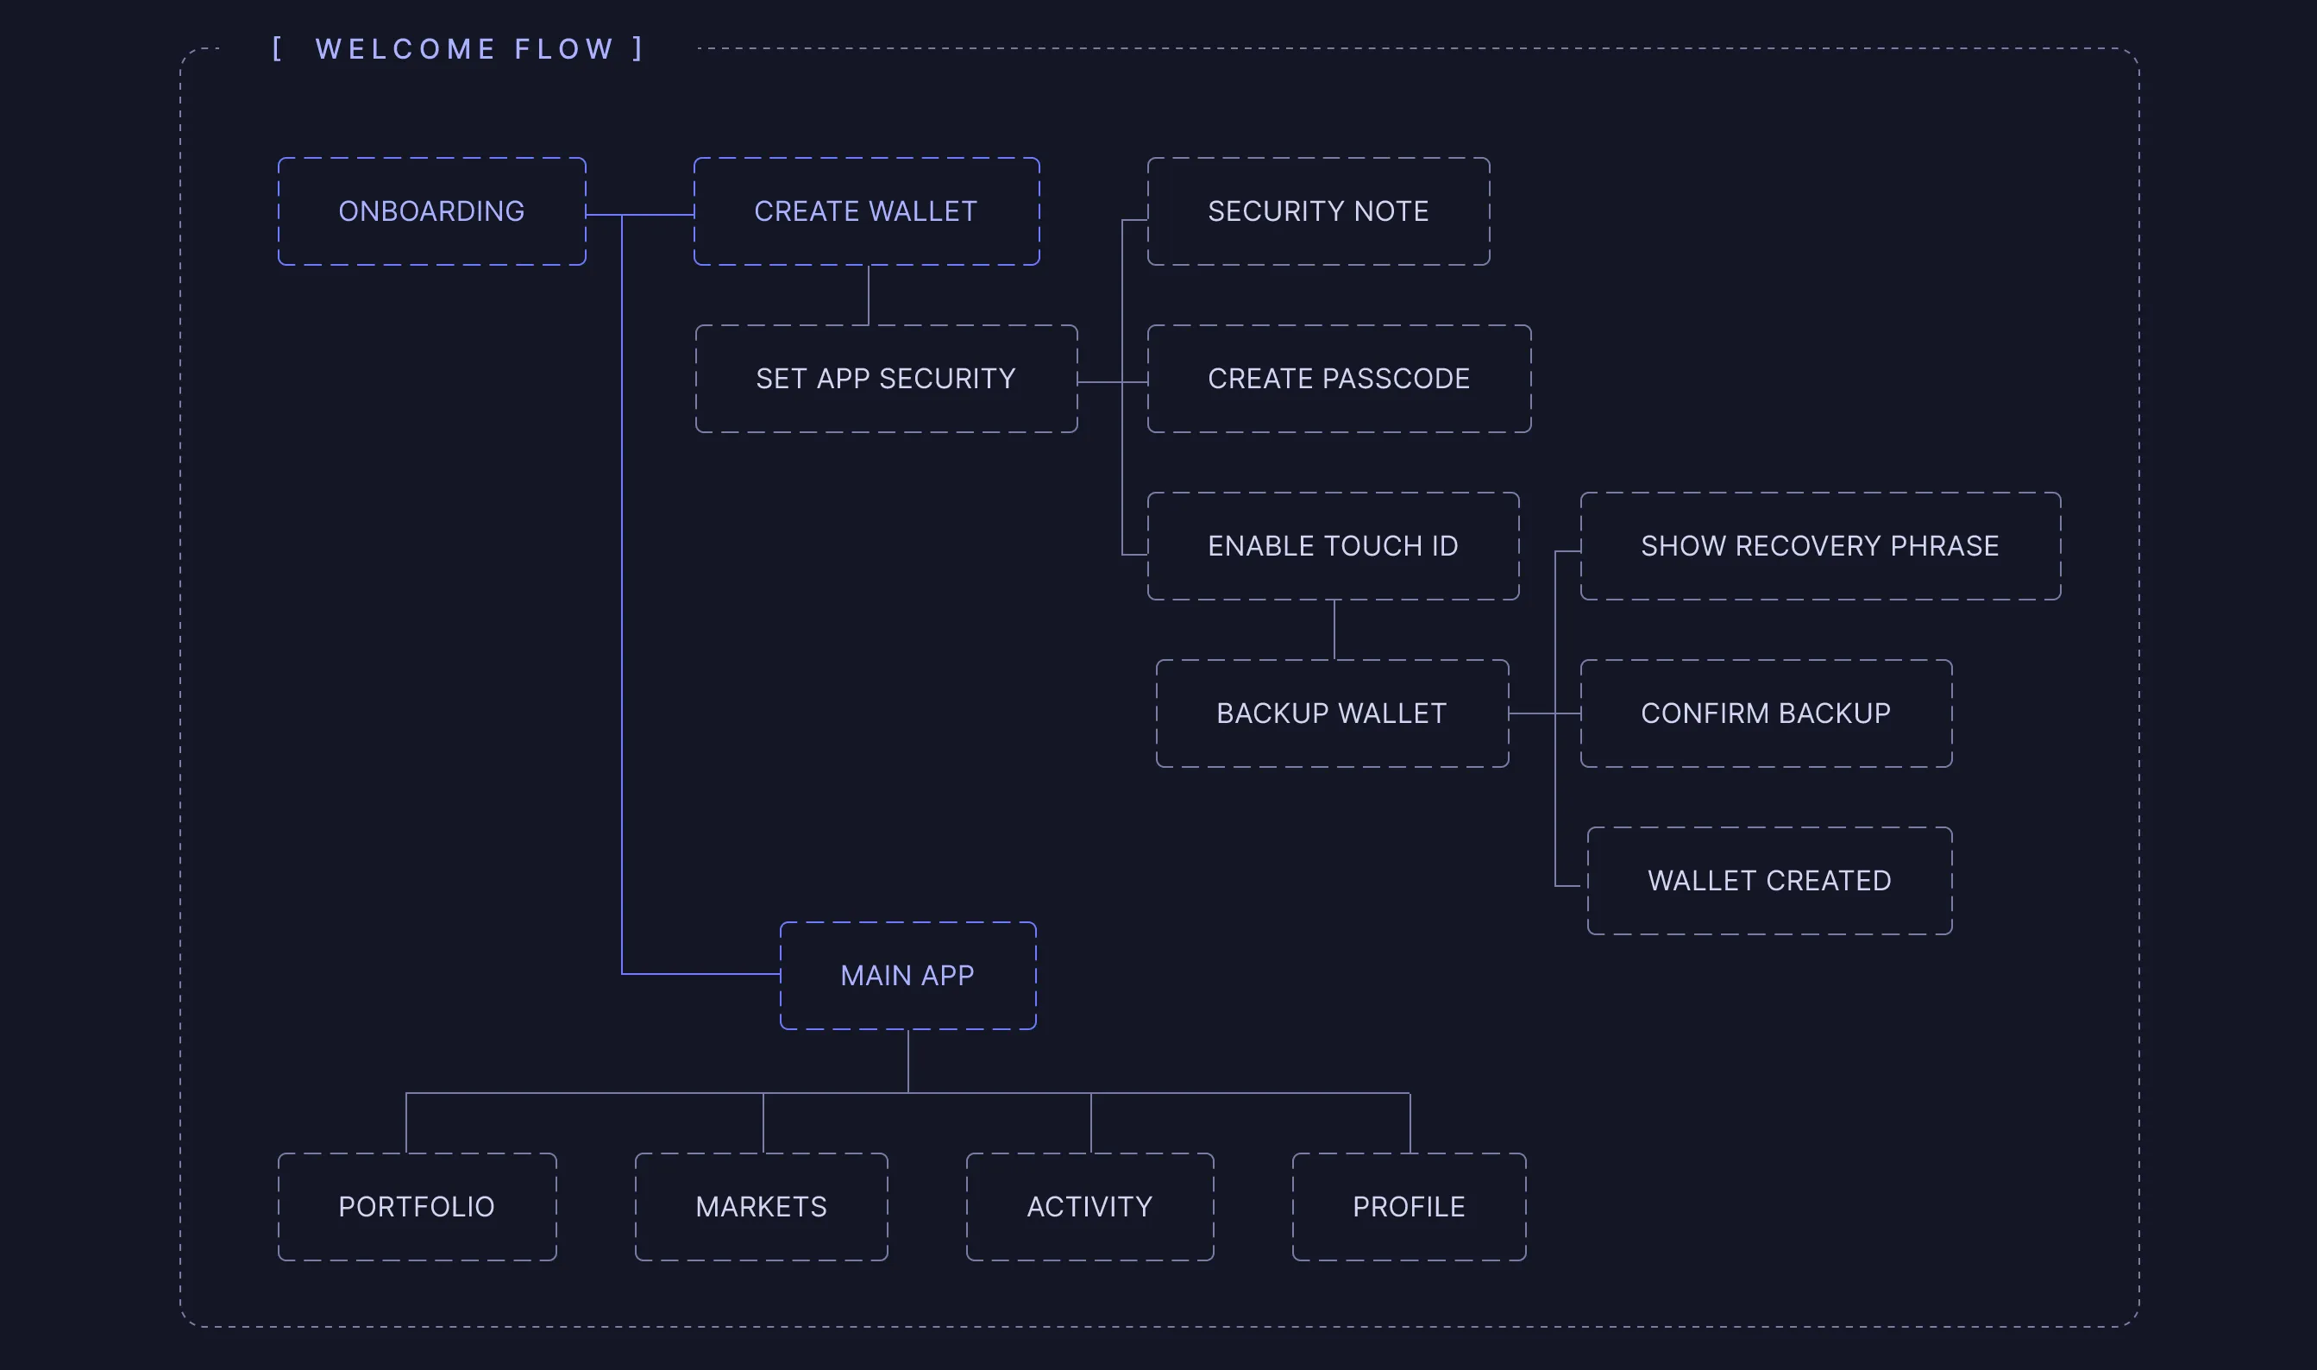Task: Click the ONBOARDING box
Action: click(431, 211)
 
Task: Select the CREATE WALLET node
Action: click(866, 211)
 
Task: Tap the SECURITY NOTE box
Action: click(1317, 211)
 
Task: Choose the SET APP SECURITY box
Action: click(885, 379)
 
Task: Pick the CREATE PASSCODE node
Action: click(1339, 379)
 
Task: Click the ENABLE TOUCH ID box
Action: click(1332, 545)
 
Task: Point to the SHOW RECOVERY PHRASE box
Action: click(1819, 545)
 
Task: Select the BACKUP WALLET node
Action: click(1331, 713)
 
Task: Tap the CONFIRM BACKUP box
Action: click(1765, 713)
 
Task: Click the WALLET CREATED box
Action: click(1768, 881)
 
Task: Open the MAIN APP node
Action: click(907, 976)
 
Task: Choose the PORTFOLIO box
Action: click(417, 1207)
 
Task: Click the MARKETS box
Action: click(761, 1207)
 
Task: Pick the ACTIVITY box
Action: click(1089, 1207)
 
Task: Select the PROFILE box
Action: click(1409, 1207)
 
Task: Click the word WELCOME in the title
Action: click(405, 49)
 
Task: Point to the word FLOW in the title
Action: click(564, 49)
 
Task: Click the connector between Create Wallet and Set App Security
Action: click(869, 295)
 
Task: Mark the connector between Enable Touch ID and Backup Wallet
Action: click(1334, 630)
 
